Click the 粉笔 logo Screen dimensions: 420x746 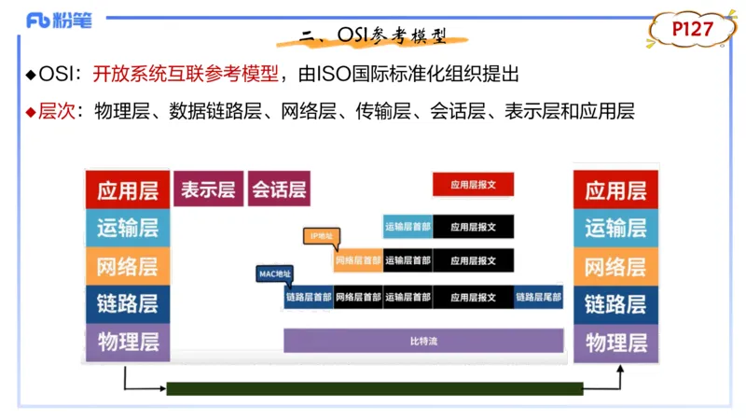tap(59, 21)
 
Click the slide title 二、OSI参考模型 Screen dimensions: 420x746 tap(373, 36)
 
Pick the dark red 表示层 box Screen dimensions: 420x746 tap(207, 189)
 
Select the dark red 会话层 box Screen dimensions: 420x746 tap(278, 189)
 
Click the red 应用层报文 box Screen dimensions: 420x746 tap(473, 185)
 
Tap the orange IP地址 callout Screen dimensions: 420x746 tap(320, 236)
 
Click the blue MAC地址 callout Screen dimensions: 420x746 tap(274, 273)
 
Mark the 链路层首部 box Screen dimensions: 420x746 tap(309, 298)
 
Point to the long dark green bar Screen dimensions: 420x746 tap(374, 388)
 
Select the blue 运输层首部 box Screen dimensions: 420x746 tap(408, 226)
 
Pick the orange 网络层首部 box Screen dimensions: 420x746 tap(358, 260)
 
